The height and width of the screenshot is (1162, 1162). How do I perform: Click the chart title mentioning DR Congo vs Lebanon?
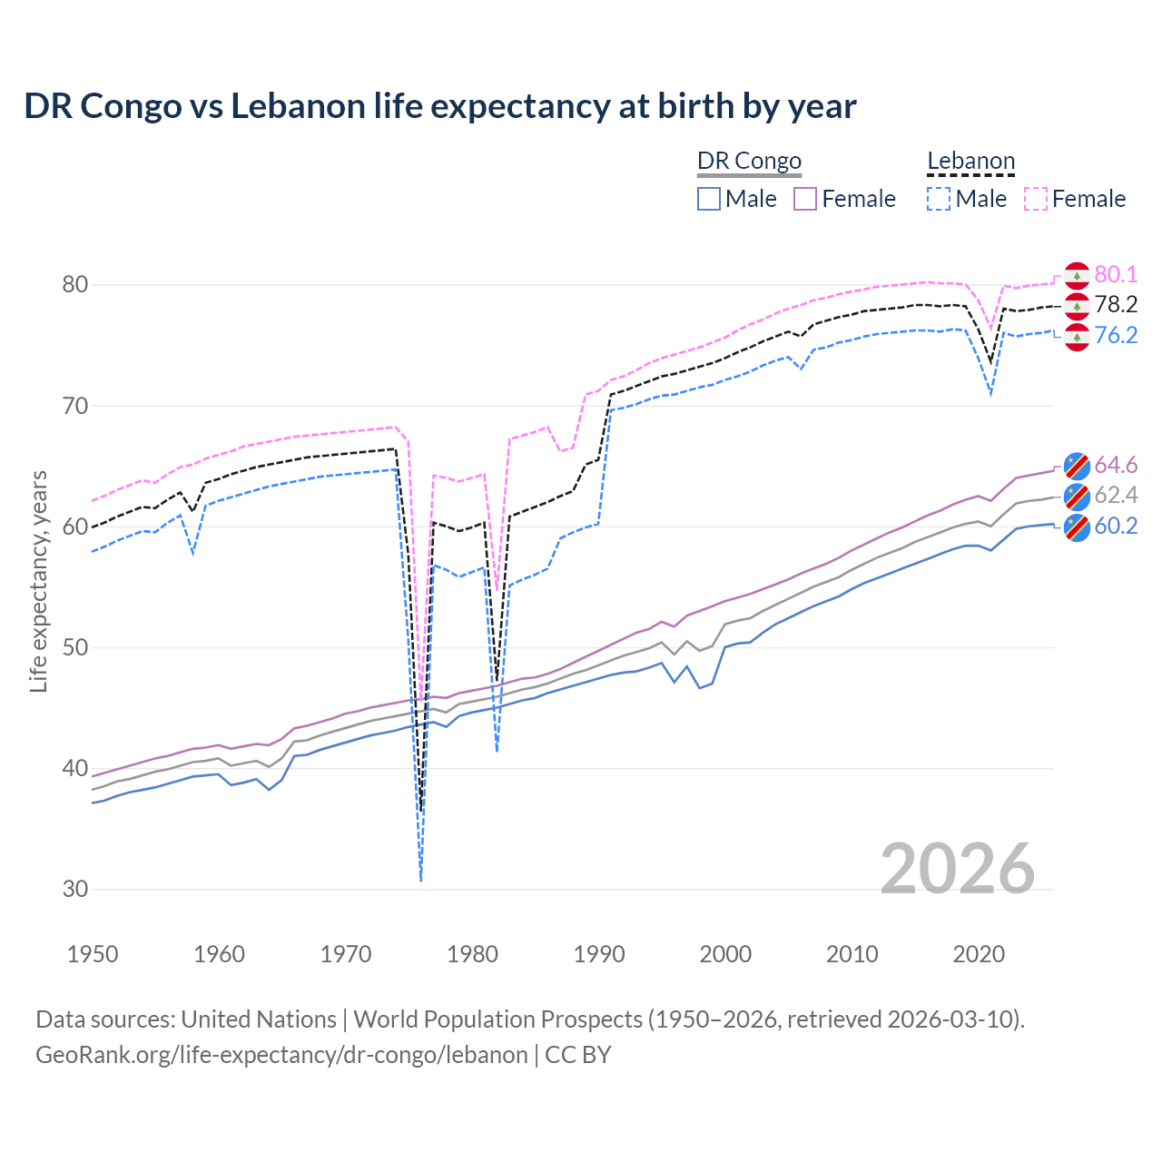tap(439, 106)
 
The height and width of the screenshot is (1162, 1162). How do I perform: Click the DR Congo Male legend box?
tap(709, 199)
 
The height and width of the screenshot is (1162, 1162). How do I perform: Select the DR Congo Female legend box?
tap(805, 199)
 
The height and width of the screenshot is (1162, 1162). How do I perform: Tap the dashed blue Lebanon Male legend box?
tap(939, 199)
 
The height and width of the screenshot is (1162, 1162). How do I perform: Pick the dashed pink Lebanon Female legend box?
tap(1036, 199)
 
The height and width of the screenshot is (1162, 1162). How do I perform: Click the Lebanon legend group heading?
tap(970, 162)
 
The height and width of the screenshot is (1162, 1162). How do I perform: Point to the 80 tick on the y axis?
tap(75, 285)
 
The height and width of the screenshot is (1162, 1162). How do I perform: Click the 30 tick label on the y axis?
tap(75, 890)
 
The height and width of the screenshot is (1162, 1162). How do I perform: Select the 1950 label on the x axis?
tap(93, 954)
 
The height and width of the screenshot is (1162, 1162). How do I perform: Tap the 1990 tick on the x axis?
tap(599, 954)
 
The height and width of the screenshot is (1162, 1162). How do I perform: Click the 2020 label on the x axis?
tap(979, 954)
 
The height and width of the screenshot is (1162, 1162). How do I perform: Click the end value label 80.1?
tap(1116, 275)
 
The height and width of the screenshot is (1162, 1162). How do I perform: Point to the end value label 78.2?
tap(1116, 305)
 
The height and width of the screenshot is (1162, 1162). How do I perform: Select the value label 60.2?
tap(1116, 527)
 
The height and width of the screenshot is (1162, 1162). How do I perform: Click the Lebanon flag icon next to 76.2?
tap(1077, 337)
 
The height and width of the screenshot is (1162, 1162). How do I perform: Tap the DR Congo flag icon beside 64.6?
tap(1077, 466)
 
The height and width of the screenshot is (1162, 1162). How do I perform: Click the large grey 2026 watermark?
tap(958, 869)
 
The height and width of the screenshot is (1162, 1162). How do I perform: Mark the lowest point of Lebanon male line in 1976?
tap(421, 881)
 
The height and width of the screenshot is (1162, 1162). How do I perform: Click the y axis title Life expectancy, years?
tap(39, 581)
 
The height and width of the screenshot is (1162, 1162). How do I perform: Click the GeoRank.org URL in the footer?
tap(281, 1055)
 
